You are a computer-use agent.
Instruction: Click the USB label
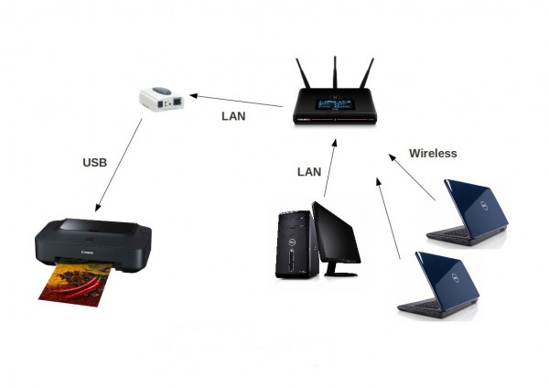click(x=95, y=163)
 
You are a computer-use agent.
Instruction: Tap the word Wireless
click(x=433, y=154)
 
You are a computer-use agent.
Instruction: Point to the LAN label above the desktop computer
click(x=310, y=171)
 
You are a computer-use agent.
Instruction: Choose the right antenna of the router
click(x=368, y=77)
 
